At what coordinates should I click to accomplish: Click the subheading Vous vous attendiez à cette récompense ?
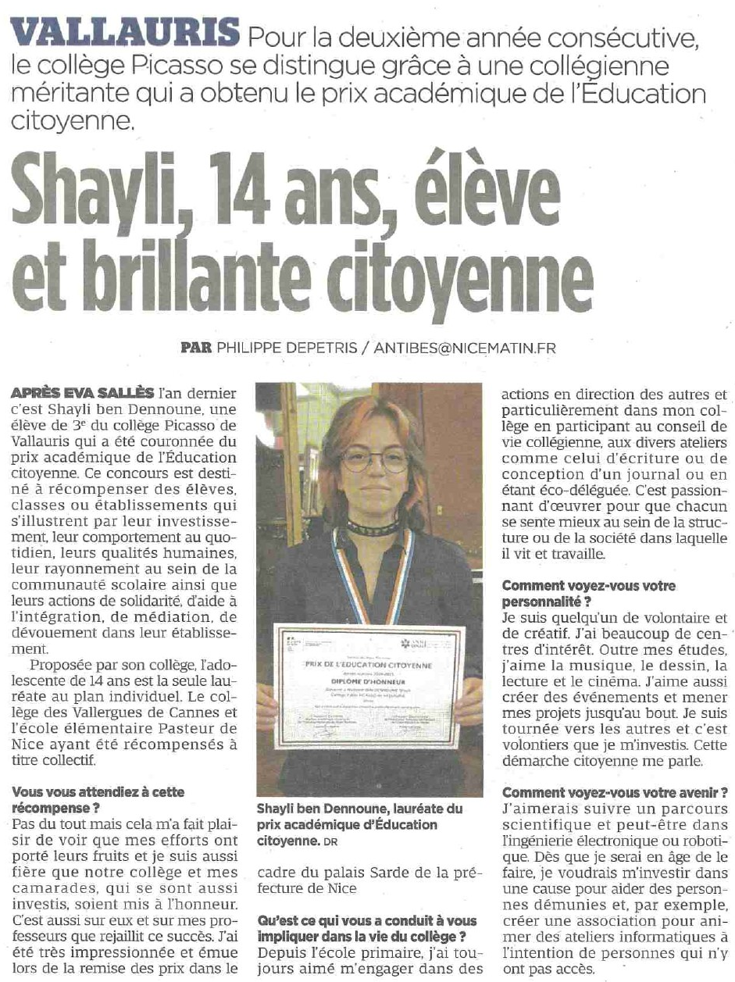(x=99, y=800)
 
